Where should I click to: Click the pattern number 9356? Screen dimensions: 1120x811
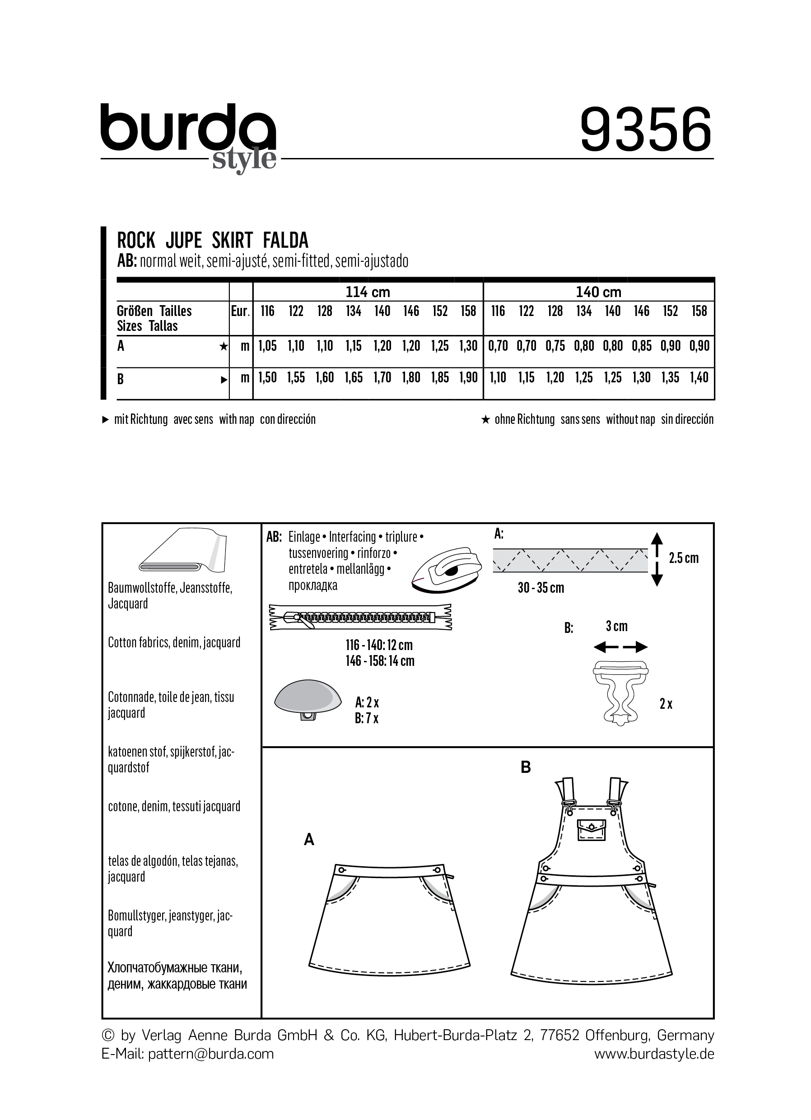click(x=646, y=130)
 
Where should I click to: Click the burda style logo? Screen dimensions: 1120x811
click(x=188, y=136)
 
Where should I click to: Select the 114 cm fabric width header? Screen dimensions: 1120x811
click(x=368, y=293)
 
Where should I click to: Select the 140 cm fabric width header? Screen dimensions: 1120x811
click(x=598, y=293)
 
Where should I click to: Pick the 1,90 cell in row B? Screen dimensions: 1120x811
click(x=468, y=378)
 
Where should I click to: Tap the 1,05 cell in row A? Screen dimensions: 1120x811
click(x=267, y=346)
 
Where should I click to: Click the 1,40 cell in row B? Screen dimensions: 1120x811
click(x=699, y=378)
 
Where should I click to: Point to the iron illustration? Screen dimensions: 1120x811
click(x=446, y=568)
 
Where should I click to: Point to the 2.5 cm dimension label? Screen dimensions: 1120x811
click(x=684, y=558)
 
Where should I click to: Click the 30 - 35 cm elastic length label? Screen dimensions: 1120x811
click(x=541, y=588)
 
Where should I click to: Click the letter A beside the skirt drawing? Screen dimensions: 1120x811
click(x=309, y=839)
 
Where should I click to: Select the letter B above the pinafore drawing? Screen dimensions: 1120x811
click(x=526, y=767)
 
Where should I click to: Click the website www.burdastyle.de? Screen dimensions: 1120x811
click(x=654, y=1054)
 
